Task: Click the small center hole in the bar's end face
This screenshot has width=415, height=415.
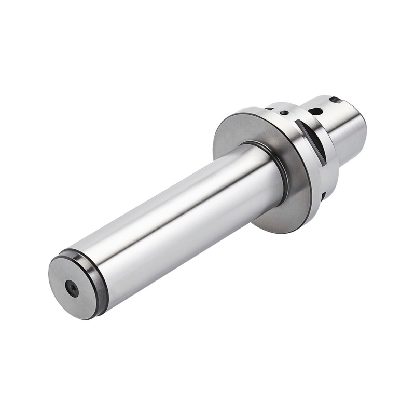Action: point(72,288)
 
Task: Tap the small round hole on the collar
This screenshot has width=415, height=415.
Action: point(284,112)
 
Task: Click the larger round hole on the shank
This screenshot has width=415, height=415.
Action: point(314,111)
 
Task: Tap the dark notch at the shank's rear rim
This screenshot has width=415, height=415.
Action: point(336,99)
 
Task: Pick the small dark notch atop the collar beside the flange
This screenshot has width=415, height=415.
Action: point(269,109)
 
